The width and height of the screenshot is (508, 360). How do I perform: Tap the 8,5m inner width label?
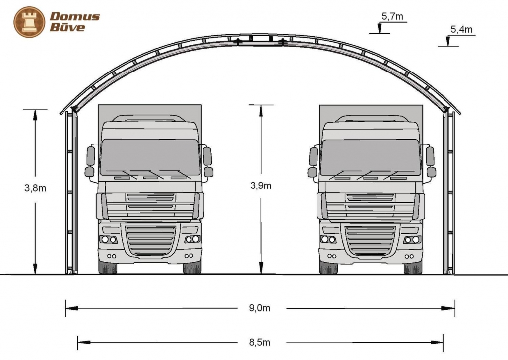point(259,342)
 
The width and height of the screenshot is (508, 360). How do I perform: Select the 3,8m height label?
point(35,188)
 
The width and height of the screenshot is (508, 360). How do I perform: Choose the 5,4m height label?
point(461,30)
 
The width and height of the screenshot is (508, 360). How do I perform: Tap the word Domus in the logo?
point(74,16)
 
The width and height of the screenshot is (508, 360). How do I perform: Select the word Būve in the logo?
point(67,27)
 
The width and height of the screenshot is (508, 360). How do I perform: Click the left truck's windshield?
point(150,157)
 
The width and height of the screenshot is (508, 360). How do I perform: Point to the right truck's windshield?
point(371,157)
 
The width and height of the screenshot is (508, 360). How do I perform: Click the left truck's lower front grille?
point(150,240)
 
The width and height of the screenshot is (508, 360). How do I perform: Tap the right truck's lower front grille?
point(371,240)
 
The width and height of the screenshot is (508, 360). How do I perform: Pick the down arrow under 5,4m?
point(448,42)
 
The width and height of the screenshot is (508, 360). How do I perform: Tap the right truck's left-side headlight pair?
point(328,240)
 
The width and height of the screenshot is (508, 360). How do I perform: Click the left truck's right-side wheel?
point(192,267)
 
